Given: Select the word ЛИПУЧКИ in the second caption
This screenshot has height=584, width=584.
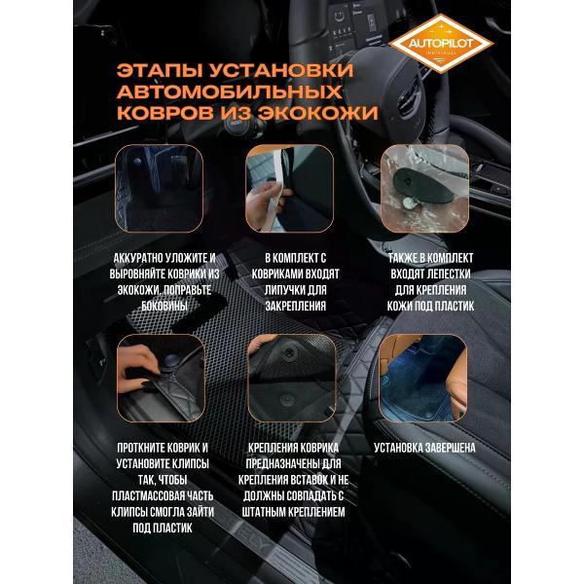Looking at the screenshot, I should coord(271,289).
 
